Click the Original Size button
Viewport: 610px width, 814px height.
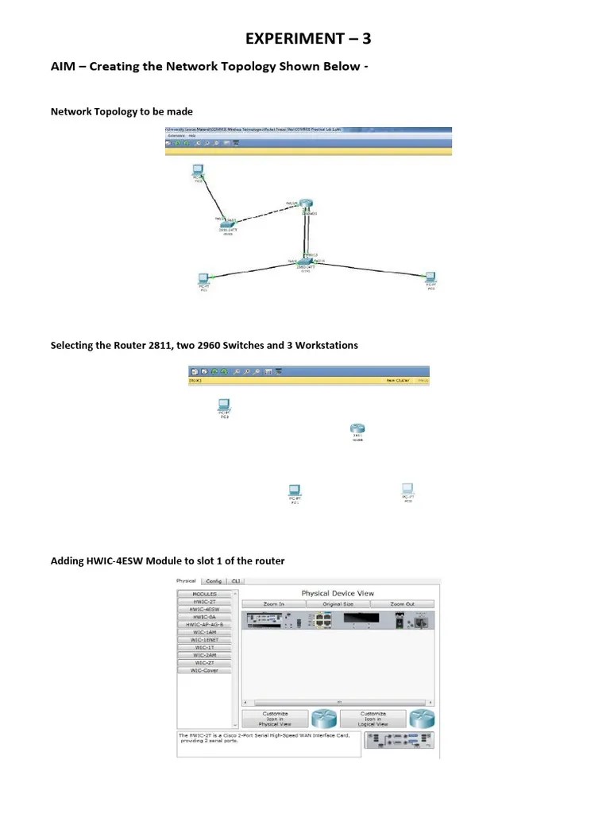(x=338, y=604)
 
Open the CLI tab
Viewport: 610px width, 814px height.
(x=236, y=581)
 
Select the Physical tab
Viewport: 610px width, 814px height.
(x=187, y=581)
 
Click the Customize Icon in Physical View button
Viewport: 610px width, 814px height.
(x=275, y=719)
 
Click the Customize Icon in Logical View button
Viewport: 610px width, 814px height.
(x=373, y=719)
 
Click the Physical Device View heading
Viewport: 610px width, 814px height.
(x=338, y=593)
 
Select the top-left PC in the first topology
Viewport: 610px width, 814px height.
(x=198, y=170)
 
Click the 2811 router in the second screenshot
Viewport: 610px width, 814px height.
(x=357, y=430)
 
